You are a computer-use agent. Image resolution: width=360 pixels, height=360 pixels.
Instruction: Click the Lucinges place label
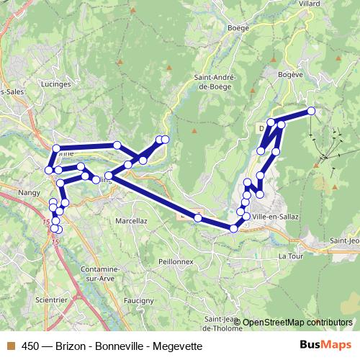coord(57,84)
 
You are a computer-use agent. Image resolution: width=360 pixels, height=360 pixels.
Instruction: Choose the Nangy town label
coord(30,193)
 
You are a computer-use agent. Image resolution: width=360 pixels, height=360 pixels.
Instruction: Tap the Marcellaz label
coord(131,221)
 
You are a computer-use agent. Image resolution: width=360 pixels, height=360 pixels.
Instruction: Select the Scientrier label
coord(51,300)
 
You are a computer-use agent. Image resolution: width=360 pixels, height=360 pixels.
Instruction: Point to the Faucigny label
coord(138,300)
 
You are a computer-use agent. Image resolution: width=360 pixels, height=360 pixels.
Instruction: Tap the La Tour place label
coord(291,256)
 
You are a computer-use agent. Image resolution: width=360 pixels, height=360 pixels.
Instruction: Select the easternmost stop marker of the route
coord(312,111)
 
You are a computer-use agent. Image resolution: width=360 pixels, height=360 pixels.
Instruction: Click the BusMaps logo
coord(326,345)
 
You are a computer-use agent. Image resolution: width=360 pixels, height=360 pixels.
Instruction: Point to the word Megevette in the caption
coord(178,346)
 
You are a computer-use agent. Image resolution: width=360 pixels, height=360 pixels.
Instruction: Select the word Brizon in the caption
coord(69,346)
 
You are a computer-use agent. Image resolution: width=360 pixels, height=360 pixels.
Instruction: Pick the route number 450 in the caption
coord(30,346)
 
